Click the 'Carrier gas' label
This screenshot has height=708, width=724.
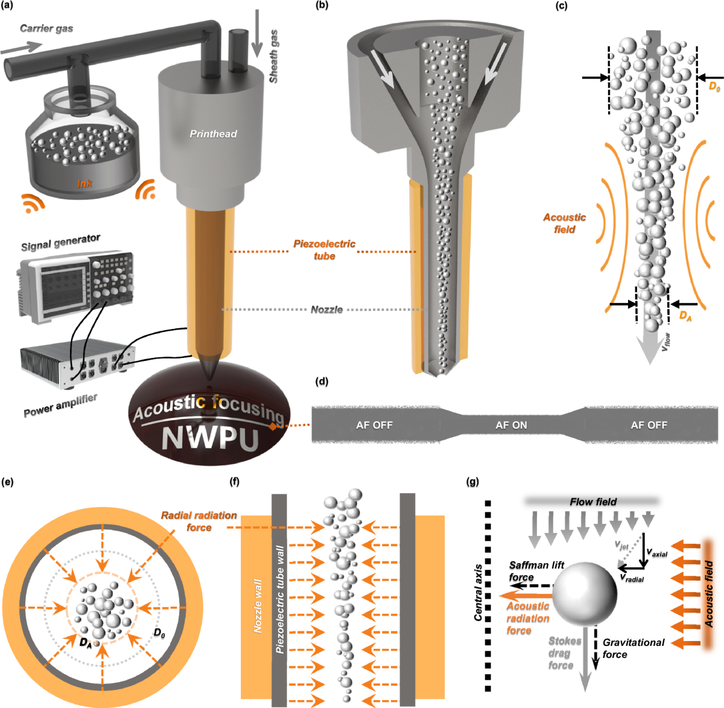(46, 28)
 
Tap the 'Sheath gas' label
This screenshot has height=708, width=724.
(274, 56)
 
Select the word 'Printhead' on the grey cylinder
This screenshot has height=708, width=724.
(213, 134)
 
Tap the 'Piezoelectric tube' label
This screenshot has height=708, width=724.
(324, 250)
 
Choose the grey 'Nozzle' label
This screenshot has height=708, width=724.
(326, 310)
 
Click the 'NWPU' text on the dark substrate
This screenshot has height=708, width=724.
(211, 438)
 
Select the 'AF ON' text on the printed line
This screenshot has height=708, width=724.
(511, 425)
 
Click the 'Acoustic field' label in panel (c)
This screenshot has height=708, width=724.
(564, 223)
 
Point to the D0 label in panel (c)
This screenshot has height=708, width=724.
(714, 87)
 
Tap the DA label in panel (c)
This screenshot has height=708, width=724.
(685, 315)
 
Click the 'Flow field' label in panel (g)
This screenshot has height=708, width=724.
(593, 502)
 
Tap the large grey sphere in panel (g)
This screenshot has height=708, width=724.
(585, 593)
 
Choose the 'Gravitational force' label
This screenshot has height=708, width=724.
(633, 648)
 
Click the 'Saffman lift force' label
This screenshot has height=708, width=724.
(536, 571)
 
